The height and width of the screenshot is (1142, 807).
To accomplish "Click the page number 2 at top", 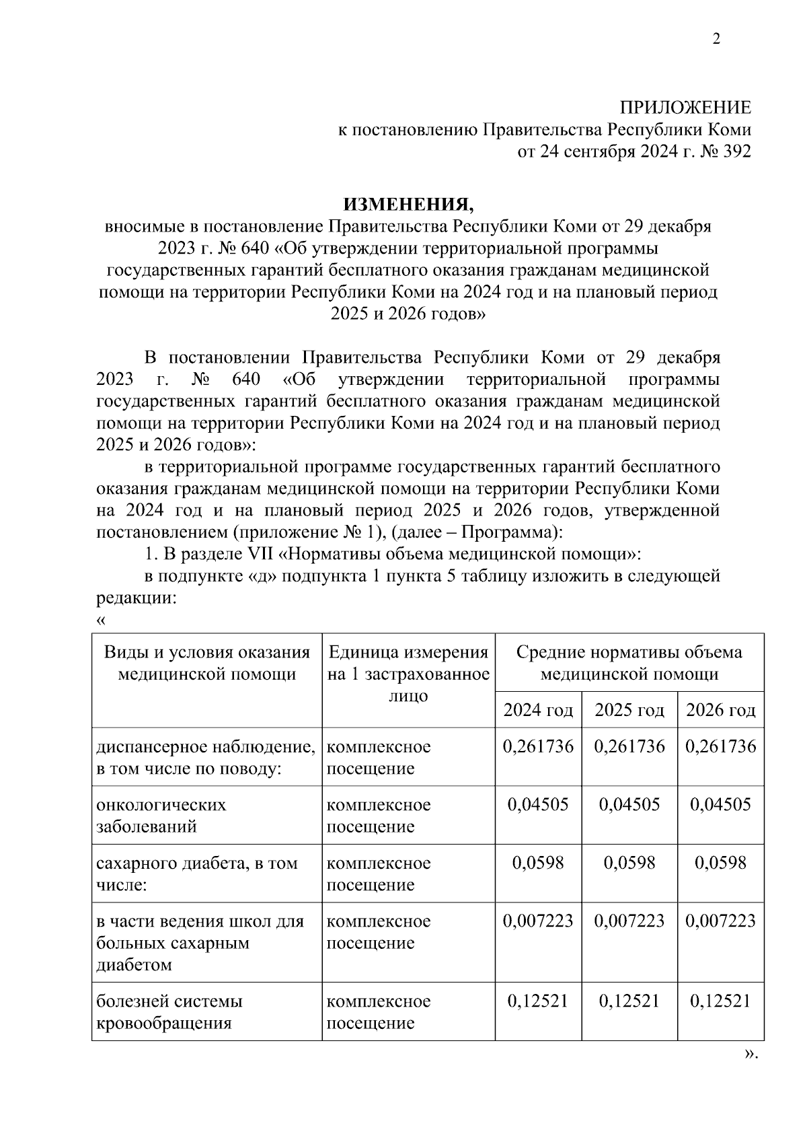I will click(x=716, y=40).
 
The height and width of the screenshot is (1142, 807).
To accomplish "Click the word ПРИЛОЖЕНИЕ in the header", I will click(x=685, y=108).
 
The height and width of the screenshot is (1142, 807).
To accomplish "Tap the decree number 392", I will click(x=736, y=151).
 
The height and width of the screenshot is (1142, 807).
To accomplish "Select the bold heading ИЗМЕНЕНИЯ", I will click(x=408, y=203).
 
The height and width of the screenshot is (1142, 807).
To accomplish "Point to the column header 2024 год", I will click(x=538, y=710).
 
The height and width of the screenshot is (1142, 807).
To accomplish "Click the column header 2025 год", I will click(x=629, y=710).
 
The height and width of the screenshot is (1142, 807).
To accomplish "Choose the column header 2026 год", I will click(x=720, y=710).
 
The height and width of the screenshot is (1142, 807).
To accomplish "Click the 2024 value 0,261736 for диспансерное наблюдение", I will click(x=538, y=746).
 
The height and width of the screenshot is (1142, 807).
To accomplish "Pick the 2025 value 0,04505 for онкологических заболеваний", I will click(x=629, y=805).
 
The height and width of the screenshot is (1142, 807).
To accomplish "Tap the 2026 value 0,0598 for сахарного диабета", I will click(x=720, y=863).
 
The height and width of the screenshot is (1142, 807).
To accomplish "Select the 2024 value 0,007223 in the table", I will click(x=538, y=921).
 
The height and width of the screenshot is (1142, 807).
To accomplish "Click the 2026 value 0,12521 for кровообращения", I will click(x=720, y=1001).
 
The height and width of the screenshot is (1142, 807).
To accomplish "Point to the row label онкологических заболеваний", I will click(x=161, y=816).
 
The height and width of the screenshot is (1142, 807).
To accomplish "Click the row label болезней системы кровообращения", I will click(x=169, y=1012).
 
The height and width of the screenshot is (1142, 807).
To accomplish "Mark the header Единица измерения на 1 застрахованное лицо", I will click(x=408, y=674).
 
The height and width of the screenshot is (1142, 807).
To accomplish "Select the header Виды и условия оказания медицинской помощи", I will click(x=206, y=663).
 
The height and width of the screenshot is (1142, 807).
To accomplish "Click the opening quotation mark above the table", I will click(x=101, y=620).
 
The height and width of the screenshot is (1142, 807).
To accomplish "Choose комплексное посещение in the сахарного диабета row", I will click(x=379, y=873).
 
